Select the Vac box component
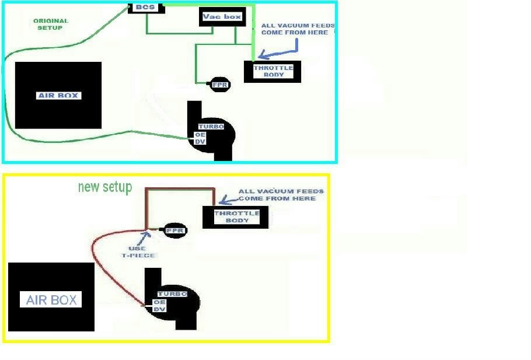222,18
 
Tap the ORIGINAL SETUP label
51,24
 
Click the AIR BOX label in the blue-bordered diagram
58,95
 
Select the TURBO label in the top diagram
211,127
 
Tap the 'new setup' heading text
105,187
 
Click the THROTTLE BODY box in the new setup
235,217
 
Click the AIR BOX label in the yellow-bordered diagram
51,300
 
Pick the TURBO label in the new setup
172,294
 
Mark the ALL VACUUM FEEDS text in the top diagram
295,29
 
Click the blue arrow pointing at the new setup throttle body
228,200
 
